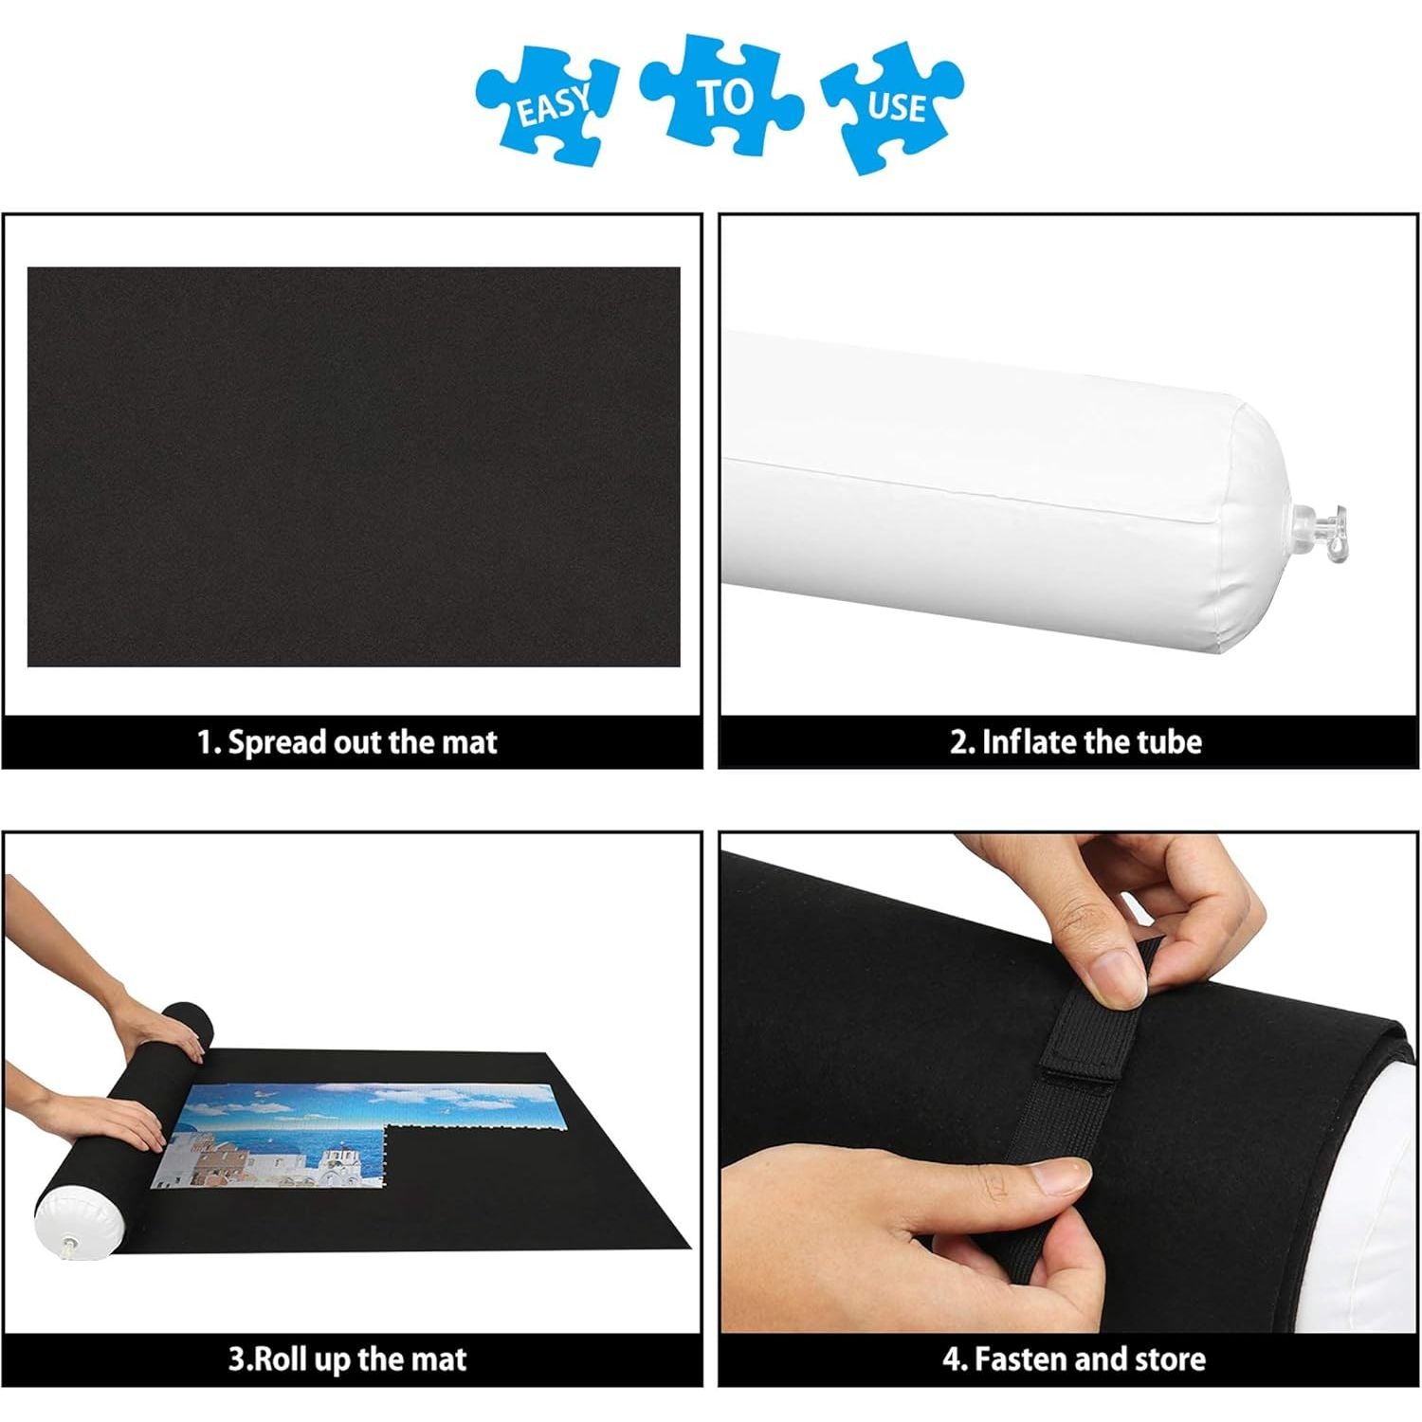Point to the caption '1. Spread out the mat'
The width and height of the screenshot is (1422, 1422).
point(347,742)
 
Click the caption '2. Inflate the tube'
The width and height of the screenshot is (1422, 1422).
point(1076,741)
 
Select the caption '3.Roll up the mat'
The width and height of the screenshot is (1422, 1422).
point(347,1359)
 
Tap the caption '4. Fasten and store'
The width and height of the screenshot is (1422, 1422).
point(1074,1359)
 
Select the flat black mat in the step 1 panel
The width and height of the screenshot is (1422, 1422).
point(354,466)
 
